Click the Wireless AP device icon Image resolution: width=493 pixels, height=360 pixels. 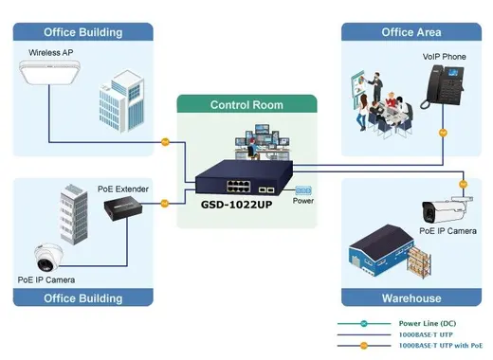coord(49,72)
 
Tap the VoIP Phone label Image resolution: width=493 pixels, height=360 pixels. coord(444,57)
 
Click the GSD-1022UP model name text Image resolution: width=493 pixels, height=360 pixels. coord(236,205)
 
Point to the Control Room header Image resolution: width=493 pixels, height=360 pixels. coord(246,105)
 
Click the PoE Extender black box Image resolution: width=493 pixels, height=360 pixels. coord(123,208)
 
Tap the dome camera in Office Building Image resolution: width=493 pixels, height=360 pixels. coord(49,258)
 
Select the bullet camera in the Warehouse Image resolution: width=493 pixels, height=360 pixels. coord(447,209)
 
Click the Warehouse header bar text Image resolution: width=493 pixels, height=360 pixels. coord(411,298)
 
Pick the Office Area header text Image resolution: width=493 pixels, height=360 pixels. coord(411,32)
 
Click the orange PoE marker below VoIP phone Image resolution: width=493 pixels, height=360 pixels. coord(443,133)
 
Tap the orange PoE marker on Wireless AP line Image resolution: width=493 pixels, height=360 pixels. coord(165,142)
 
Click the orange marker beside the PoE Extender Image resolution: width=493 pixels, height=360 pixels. coord(165,204)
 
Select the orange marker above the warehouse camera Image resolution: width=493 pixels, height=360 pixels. coord(463,184)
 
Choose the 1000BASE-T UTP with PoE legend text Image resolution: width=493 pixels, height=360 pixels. coord(441,346)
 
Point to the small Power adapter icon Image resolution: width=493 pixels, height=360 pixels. coord(303,190)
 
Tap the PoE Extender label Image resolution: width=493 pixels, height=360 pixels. coord(123,189)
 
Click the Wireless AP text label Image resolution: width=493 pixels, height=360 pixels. coord(51,52)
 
